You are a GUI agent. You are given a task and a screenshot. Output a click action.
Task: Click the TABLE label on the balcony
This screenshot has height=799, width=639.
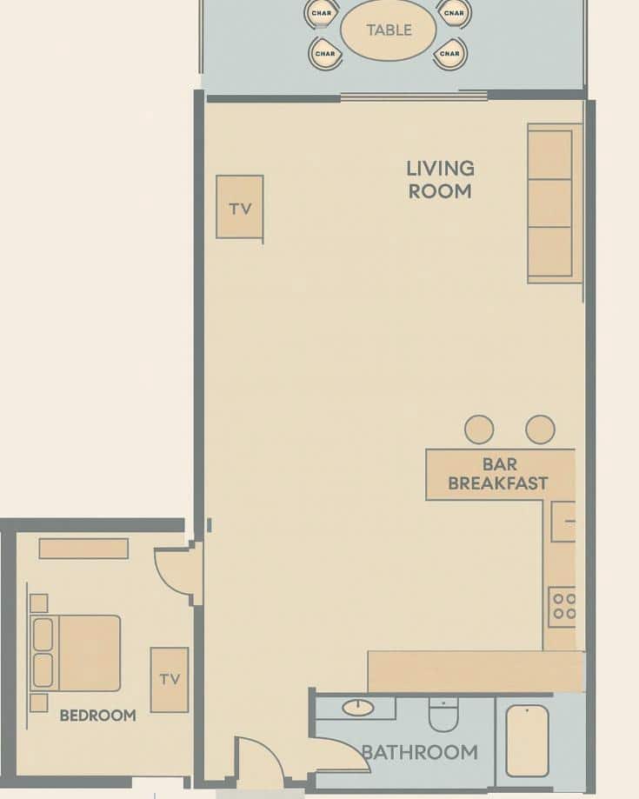tap(389, 30)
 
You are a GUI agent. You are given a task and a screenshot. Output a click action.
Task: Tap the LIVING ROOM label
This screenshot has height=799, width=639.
tap(441, 179)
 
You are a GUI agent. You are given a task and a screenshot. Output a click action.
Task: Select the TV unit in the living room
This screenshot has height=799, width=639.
tap(240, 208)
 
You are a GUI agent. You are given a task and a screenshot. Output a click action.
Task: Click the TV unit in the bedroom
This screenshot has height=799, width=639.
tap(170, 679)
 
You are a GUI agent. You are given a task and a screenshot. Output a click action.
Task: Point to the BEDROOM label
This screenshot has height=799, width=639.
tap(97, 716)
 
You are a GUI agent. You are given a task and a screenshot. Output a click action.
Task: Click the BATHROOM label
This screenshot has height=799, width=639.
tap(419, 752)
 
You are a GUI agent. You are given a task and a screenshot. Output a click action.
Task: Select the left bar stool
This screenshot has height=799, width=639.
tap(479, 429)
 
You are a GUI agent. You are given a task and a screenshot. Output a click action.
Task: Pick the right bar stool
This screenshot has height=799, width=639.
tap(540, 429)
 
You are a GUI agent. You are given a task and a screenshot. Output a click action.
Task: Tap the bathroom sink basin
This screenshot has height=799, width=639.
tap(358, 708)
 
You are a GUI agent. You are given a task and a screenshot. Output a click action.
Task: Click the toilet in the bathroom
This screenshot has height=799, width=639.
tap(443, 715)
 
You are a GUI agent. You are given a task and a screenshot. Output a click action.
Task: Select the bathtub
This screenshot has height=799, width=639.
tap(527, 740)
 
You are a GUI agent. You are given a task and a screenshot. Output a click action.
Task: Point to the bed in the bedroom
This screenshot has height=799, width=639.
tap(76, 653)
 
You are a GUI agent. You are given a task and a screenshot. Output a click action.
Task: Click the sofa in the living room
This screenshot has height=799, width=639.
tap(551, 203)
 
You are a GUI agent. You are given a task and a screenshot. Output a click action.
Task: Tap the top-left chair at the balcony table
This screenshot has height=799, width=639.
tap(322, 12)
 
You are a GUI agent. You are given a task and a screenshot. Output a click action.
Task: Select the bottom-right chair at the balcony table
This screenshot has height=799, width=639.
tap(449, 54)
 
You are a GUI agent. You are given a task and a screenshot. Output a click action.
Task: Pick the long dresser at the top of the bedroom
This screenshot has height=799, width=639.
tap(83, 549)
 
